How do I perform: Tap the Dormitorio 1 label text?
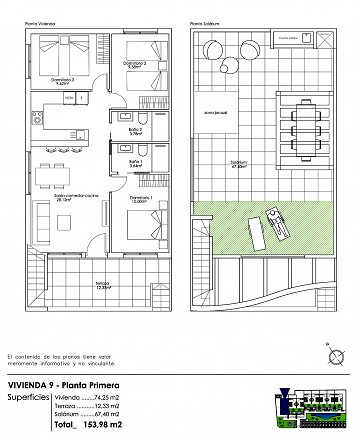click(139, 198)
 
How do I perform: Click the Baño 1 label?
click(135, 164)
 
